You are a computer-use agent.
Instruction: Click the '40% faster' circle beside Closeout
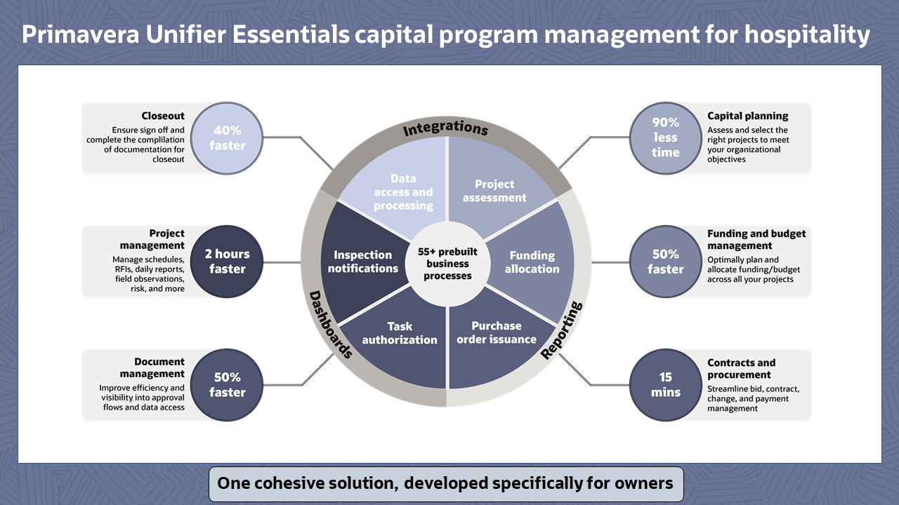click(228, 138)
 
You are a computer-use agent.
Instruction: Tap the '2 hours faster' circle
click(228, 262)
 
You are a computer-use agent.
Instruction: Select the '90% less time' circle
click(665, 137)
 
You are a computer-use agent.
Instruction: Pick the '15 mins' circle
click(665, 385)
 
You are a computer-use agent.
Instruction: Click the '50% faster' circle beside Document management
click(228, 385)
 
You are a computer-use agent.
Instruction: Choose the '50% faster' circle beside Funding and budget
click(665, 262)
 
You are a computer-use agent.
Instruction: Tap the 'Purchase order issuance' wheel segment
click(497, 333)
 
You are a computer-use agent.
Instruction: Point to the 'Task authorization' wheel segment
click(400, 333)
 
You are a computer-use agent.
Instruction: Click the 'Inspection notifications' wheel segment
click(363, 262)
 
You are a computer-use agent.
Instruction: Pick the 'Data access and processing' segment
click(403, 192)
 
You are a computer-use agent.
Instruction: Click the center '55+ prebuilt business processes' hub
click(448, 262)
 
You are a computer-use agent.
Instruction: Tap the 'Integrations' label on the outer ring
click(445, 129)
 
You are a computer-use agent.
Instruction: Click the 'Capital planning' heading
click(747, 116)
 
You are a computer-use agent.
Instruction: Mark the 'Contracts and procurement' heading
click(741, 368)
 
